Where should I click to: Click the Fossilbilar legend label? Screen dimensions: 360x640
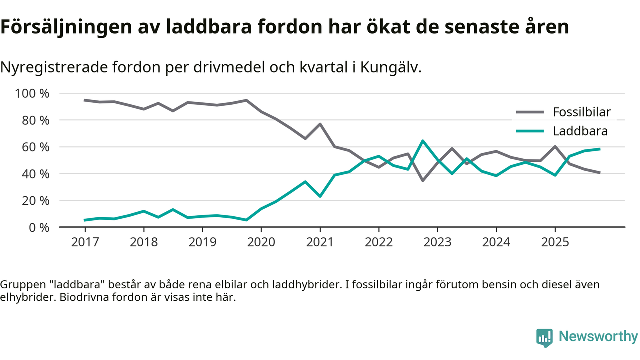tap(581, 112)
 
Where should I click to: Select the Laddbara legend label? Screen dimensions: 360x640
tap(580, 131)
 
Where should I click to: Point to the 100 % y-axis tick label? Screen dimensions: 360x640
tap(33, 93)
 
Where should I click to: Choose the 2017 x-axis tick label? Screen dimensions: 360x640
tap(85, 242)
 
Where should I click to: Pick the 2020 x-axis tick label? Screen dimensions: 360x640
tap(261, 242)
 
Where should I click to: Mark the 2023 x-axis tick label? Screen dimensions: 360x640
tap(437, 242)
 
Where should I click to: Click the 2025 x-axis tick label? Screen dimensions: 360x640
tap(555, 242)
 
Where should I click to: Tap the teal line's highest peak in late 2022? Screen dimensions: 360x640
tap(423, 141)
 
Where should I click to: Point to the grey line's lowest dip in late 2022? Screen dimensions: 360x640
tap(423, 180)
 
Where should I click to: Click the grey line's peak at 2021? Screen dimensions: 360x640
tap(320, 124)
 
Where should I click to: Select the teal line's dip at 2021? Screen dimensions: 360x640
tap(320, 196)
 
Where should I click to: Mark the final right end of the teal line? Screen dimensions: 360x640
tap(599, 149)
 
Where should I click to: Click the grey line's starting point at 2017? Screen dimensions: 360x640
tap(85, 100)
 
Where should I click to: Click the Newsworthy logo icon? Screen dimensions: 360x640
tap(544, 337)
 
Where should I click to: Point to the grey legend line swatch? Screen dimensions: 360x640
tap(530, 112)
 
